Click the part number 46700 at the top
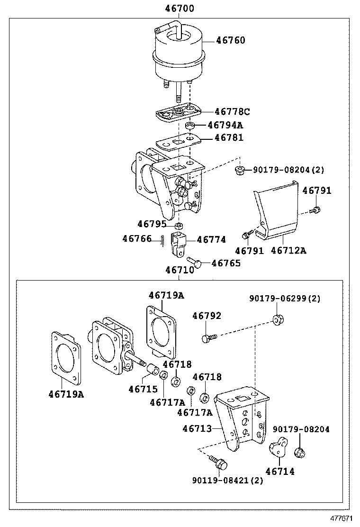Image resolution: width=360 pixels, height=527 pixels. tap(180, 9)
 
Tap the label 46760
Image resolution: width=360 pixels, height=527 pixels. tap(231, 40)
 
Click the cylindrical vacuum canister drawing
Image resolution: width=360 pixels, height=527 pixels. tap(178, 55)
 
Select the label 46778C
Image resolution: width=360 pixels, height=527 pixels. tap(232, 112)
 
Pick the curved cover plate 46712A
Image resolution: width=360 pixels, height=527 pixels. tap(277, 213)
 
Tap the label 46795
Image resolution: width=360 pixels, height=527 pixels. tap(152, 224)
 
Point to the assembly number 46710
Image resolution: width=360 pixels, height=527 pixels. tap(180, 270)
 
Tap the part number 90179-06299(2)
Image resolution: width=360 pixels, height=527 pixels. tap(285, 299)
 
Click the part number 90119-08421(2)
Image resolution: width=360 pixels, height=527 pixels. tap(227, 480)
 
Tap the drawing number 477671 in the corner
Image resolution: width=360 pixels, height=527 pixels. tap(342, 519)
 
